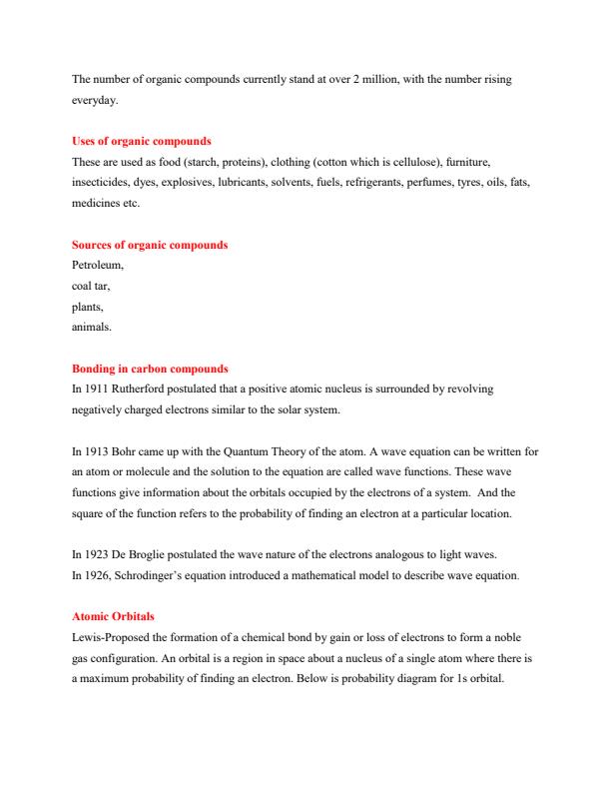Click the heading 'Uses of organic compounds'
[x=141, y=140]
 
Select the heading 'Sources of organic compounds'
[x=150, y=245]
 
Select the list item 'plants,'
[x=88, y=307]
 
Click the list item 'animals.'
[x=93, y=327]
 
